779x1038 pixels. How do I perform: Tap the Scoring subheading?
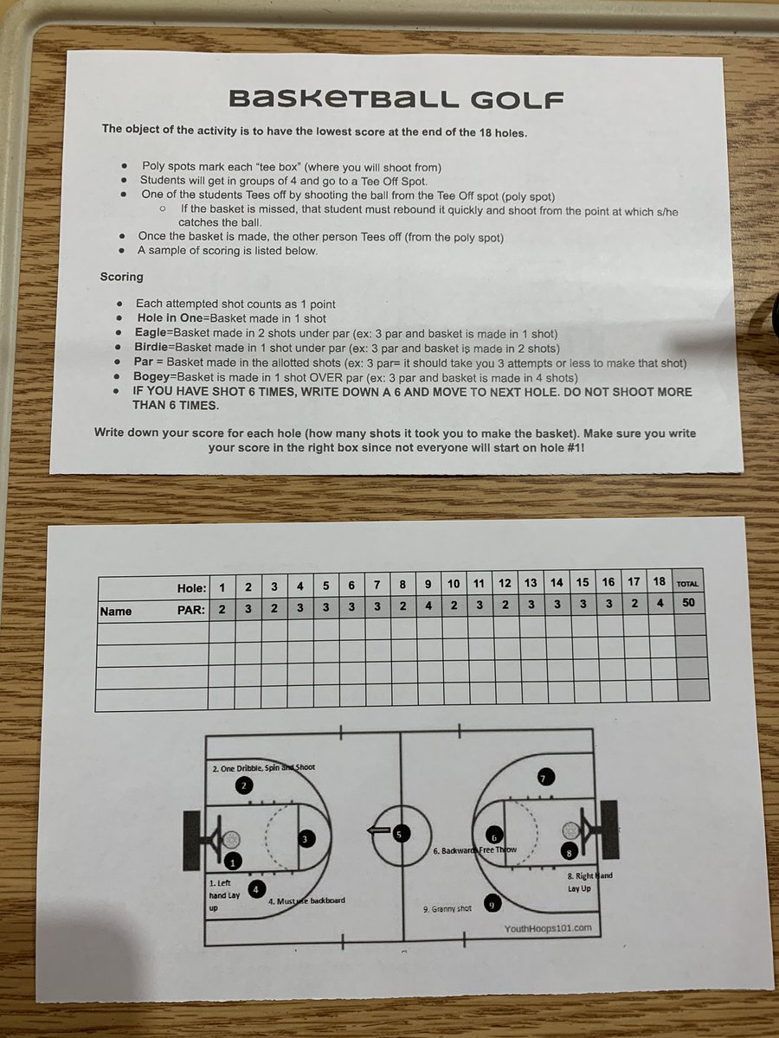[x=122, y=278]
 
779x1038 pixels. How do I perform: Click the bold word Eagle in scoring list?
[x=153, y=333]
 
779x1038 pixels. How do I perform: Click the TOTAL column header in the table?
[x=688, y=584]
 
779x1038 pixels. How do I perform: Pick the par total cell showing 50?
[x=688, y=604]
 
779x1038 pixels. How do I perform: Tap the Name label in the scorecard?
[x=116, y=611]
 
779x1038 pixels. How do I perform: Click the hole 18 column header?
[x=660, y=582]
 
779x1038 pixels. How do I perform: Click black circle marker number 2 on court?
[x=244, y=785]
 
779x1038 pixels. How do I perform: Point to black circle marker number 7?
[x=543, y=777]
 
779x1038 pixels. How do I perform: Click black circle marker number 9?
[x=493, y=904]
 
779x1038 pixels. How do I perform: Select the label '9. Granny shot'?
[x=447, y=909]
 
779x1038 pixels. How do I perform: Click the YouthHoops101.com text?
[x=548, y=927]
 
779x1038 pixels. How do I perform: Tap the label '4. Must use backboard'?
[x=306, y=900]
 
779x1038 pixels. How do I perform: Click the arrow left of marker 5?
[x=377, y=832]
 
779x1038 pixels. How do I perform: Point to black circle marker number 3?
[x=306, y=838]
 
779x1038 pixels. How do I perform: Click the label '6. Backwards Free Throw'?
[x=474, y=850]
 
